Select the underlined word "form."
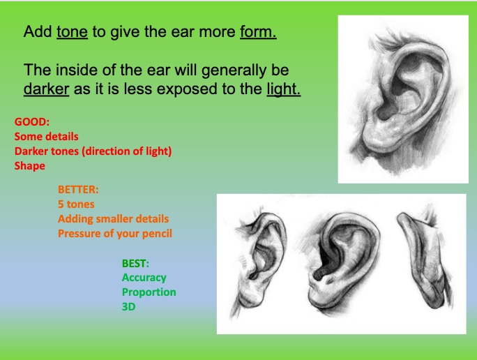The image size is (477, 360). (x=258, y=32)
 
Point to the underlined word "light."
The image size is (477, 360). (x=283, y=91)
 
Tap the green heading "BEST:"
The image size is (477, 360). (x=136, y=262)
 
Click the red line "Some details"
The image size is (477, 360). (x=46, y=136)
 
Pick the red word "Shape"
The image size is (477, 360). (x=29, y=166)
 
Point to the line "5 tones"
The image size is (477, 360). (x=76, y=204)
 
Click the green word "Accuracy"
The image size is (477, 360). (x=144, y=277)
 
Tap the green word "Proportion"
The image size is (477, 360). (x=149, y=292)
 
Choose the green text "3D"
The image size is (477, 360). (x=128, y=306)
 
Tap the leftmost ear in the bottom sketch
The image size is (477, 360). (x=262, y=258)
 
